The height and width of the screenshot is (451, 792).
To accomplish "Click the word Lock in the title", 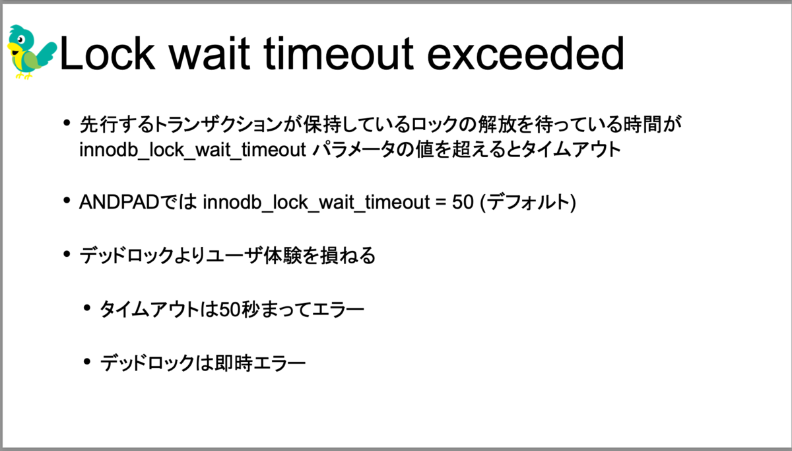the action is (108, 54).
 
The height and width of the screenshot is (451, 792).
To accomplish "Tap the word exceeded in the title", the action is (525, 54).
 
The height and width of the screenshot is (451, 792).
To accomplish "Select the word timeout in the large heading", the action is (339, 54).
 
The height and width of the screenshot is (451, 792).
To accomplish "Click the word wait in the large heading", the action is (209, 54).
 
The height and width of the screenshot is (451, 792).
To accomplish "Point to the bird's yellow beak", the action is (13, 48).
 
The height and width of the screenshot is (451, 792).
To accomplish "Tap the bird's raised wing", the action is (46, 53).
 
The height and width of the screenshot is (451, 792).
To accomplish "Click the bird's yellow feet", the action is (24, 75).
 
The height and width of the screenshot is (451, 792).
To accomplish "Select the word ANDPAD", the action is (119, 202).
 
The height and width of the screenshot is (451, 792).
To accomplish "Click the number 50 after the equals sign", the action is (463, 202).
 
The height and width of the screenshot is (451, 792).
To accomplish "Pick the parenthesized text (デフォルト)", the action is (528, 203).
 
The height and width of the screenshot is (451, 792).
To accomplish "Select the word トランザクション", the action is (218, 125).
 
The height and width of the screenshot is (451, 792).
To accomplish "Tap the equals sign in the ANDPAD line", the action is (441, 203).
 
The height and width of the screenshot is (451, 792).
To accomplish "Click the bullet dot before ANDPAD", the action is (67, 201).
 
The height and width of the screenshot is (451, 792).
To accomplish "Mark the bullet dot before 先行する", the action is (67, 123).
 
